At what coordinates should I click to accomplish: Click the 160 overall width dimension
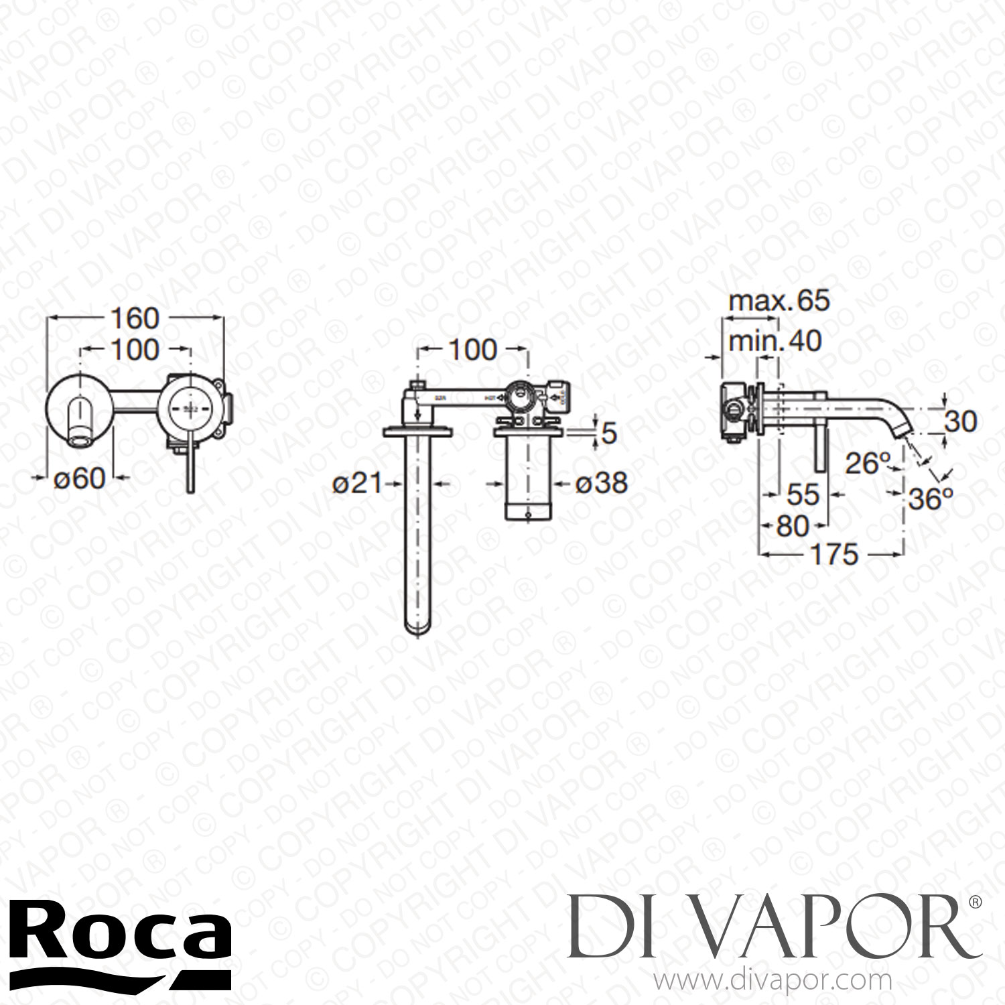(x=135, y=319)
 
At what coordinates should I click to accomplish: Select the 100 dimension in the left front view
(x=135, y=350)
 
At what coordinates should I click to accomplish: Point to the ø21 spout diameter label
(x=356, y=482)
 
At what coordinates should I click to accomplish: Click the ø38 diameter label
(x=601, y=482)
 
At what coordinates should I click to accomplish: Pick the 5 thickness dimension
(x=608, y=434)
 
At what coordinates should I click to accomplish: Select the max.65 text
(x=779, y=301)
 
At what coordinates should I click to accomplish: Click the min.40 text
(x=775, y=341)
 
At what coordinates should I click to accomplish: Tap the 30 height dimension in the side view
(x=961, y=421)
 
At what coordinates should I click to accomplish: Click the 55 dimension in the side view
(x=803, y=494)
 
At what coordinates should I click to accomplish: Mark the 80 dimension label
(x=793, y=526)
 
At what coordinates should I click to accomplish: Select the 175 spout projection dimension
(x=832, y=554)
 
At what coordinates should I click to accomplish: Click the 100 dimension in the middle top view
(x=472, y=350)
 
